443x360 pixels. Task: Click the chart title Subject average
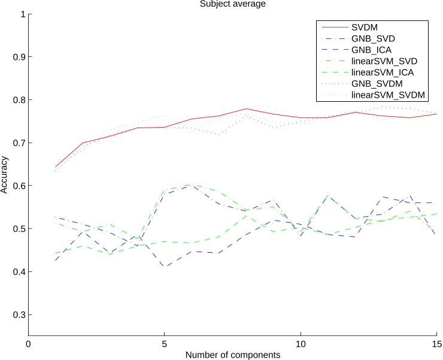[x=232, y=4]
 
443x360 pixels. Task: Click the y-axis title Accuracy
[x=5, y=174]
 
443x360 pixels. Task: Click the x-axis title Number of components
[x=232, y=355]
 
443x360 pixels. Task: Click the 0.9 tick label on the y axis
[x=17, y=57]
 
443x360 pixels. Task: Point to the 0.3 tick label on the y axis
[x=17, y=315]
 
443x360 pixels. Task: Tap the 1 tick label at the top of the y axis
[x=23, y=14]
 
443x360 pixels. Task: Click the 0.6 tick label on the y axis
[x=17, y=186]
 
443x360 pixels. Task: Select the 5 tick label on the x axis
[x=164, y=344]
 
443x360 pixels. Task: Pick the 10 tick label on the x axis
[x=301, y=344]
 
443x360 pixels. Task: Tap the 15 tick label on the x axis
[x=436, y=344]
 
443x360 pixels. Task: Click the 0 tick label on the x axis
[x=28, y=344]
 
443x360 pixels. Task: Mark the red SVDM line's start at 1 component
[x=56, y=167]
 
